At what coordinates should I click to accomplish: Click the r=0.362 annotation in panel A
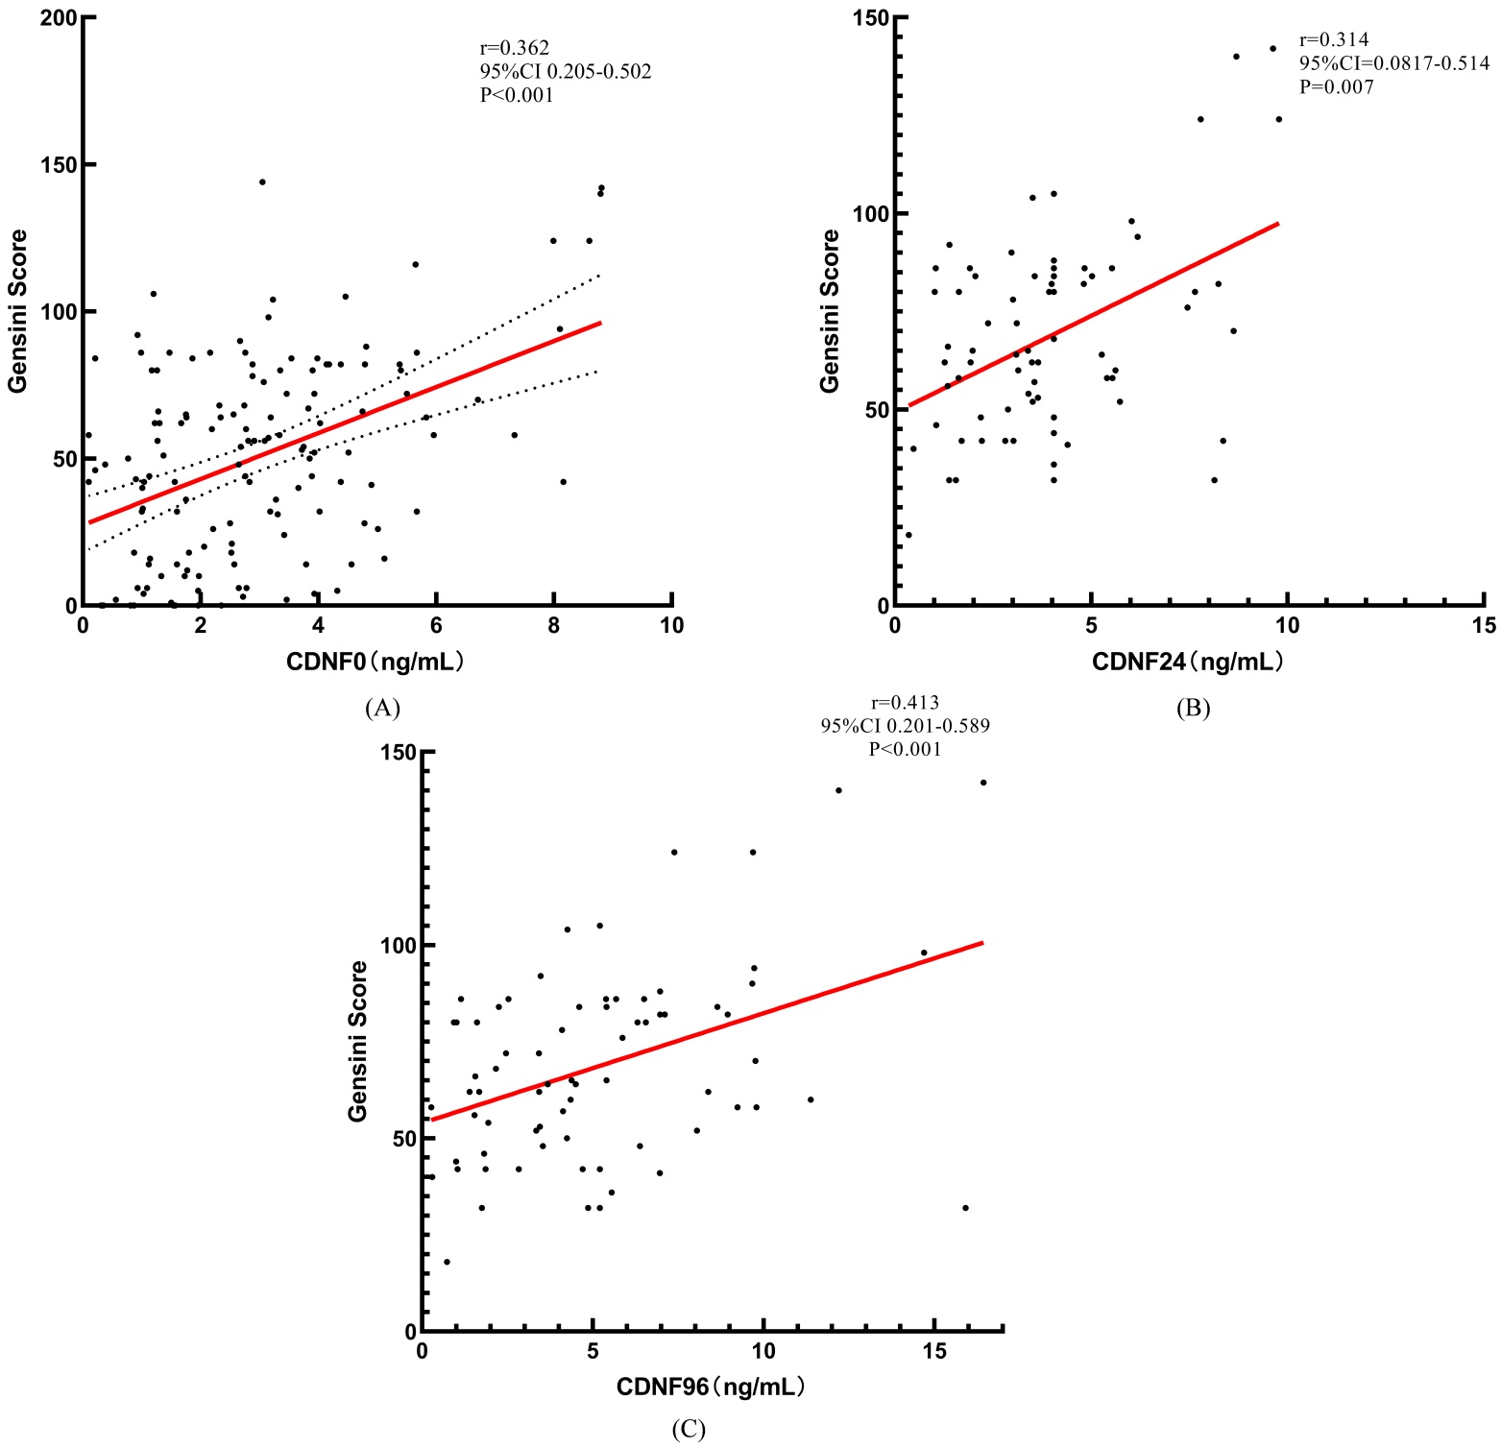pyautogui.click(x=515, y=48)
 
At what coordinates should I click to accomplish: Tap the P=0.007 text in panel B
pyautogui.click(x=1337, y=87)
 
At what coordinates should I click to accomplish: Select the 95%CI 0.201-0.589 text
pyautogui.click(x=905, y=726)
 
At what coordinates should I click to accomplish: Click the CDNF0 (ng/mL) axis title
pyautogui.click(x=375, y=662)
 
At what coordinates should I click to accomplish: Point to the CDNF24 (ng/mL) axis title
pyautogui.click(x=1188, y=662)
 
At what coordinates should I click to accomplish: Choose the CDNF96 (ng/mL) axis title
pyautogui.click(x=711, y=1388)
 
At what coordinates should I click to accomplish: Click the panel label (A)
pyautogui.click(x=382, y=709)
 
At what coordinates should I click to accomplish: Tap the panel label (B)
pyautogui.click(x=1193, y=709)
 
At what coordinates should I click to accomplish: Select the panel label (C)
pyautogui.click(x=689, y=1430)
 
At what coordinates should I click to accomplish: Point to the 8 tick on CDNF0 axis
pyautogui.click(x=554, y=626)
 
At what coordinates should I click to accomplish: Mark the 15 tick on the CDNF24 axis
pyautogui.click(x=1484, y=626)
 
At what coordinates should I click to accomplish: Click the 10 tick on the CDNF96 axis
pyautogui.click(x=763, y=1352)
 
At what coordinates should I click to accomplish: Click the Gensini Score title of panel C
pyautogui.click(x=358, y=1041)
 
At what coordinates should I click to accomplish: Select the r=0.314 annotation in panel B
pyautogui.click(x=1334, y=40)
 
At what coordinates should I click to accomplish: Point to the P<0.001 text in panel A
pyautogui.click(x=517, y=95)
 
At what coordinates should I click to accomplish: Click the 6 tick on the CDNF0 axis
pyautogui.click(x=436, y=626)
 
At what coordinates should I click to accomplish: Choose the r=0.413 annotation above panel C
pyautogui.click(x=905, y=703)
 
